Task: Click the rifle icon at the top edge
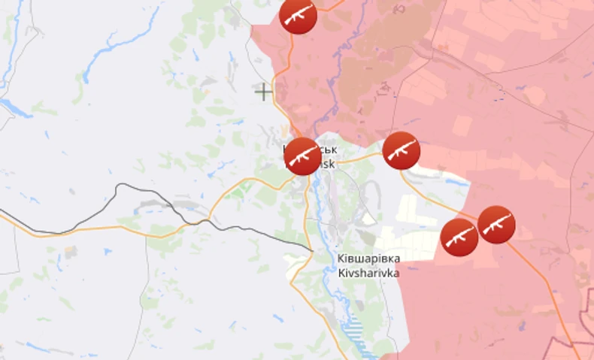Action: (298, 15)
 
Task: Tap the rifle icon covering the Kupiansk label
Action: (302, 156)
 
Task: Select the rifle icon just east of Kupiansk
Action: (401, 150)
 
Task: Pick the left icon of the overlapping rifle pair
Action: (459, 237)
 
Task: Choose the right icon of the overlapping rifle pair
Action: (496, 224)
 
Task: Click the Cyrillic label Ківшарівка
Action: (368, 259)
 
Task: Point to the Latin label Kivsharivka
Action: (368, 273)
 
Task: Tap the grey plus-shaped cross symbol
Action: (263, 92)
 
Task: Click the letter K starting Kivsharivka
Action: (341, 273)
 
